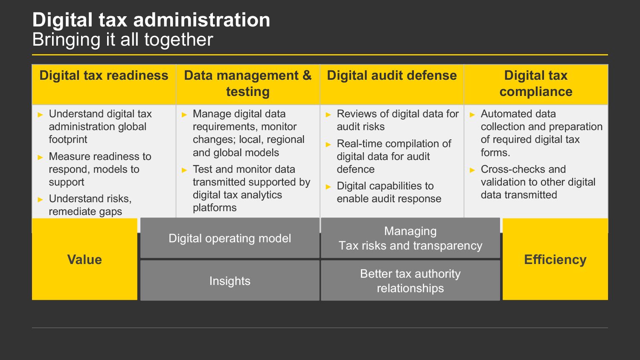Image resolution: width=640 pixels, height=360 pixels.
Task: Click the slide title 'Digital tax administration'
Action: point(151,20)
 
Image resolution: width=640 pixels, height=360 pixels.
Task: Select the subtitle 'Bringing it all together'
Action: point(122,39)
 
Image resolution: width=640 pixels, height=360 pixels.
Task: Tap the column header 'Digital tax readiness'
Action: point(104,75)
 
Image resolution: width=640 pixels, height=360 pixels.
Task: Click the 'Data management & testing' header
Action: point(248,84)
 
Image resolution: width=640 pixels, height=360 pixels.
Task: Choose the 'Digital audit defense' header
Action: point(392,75)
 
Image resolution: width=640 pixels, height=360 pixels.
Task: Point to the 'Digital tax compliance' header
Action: point(536,84)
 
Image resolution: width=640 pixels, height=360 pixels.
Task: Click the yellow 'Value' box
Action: point(84,259)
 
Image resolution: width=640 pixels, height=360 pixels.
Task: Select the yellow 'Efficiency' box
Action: point(555,259)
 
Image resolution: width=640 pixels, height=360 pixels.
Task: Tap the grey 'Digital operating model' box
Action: point(230,238)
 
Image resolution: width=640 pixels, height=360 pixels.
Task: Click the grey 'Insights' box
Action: point(230,280)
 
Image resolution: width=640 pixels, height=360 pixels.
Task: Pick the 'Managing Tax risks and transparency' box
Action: point(410,238)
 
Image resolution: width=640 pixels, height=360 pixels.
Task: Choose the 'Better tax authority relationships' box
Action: point(410,280)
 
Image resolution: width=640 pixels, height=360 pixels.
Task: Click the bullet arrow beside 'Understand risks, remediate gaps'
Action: point(40,200)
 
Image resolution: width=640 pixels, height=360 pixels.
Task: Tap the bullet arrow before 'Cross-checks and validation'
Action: point(472,170)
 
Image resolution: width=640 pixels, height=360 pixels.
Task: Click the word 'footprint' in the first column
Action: point(68,139)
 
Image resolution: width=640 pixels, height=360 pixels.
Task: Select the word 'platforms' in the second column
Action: point(215,208)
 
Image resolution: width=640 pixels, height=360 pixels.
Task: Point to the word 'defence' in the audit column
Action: point(355,169)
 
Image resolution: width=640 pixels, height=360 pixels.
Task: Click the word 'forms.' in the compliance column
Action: point(495,153)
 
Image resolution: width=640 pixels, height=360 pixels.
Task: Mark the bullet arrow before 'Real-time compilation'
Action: point(328,145)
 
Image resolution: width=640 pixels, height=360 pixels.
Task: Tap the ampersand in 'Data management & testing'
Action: point(307,75)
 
